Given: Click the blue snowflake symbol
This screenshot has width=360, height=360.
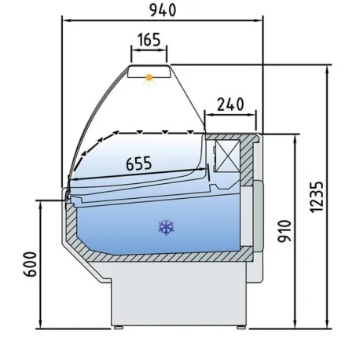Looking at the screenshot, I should [165, 228].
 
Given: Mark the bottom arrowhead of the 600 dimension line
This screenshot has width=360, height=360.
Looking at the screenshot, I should [39, 326].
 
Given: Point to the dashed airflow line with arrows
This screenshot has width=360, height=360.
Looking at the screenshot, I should [141, 130].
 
